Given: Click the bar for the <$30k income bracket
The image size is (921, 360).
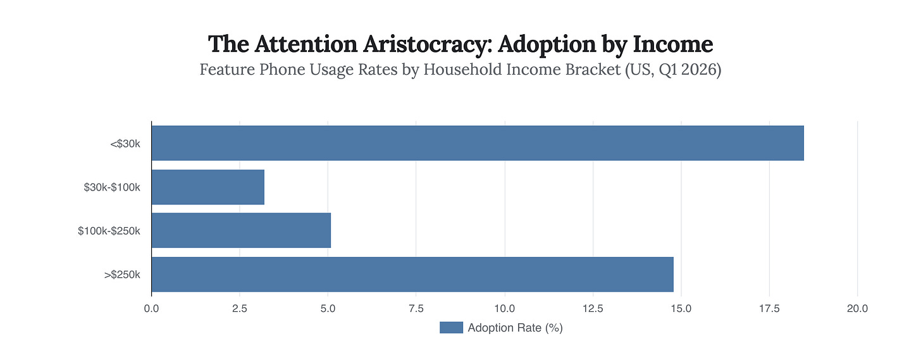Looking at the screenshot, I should pyautogui.click(x=478, y=143).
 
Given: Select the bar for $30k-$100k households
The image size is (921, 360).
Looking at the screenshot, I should pyautogui.click(x=208, y=187).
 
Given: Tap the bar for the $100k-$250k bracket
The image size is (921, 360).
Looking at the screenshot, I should pyautogui.click(x=241, y=230).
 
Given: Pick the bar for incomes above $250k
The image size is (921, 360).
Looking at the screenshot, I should pyautogui.click(x=412, y=274).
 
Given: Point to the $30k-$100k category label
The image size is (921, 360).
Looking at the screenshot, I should pyautogui.click(x=112, y=187).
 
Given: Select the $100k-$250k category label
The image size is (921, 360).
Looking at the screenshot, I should pyautogui.click(x=109, y=230).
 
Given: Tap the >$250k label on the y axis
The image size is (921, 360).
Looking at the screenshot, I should pyautogui.click(x=122, y=274).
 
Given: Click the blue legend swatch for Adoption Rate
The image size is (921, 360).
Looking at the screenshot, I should pyautogui.click(x=451, y=328).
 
